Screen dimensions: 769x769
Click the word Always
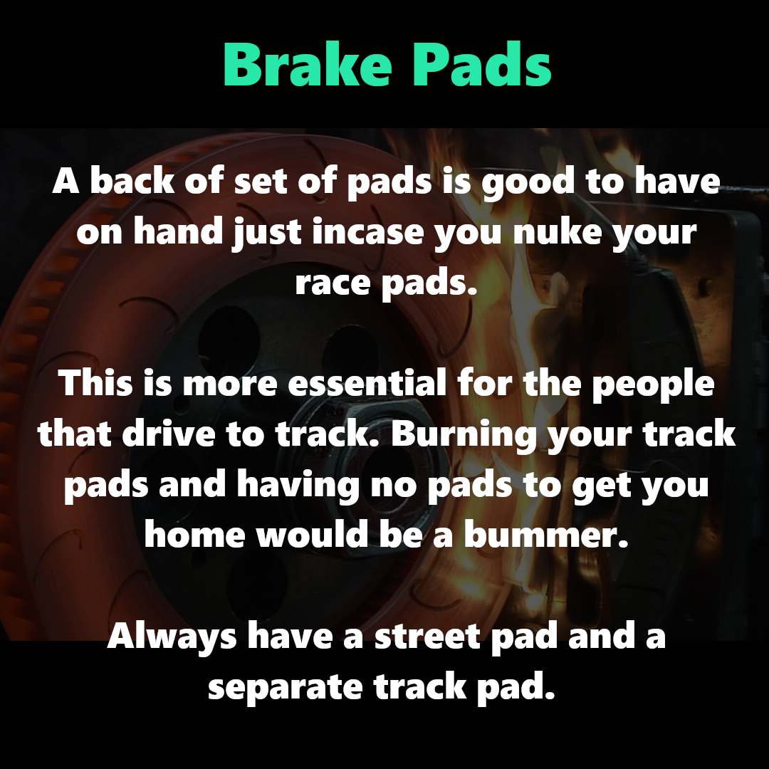172,637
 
